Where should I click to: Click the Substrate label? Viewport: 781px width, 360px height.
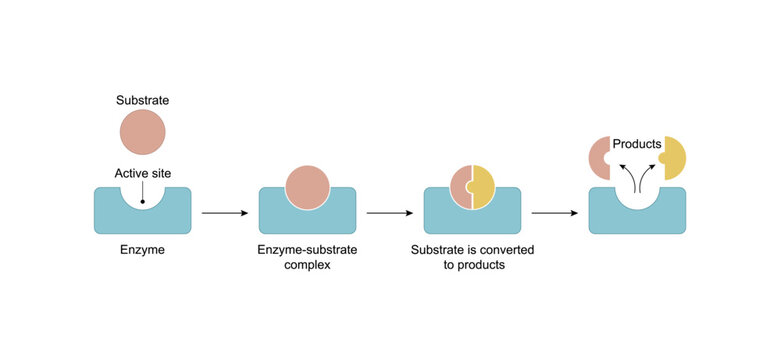(x=142, y=100)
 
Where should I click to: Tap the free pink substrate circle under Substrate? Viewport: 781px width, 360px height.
(x=142, y=133)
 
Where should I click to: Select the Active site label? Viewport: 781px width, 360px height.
(x=142, y=174)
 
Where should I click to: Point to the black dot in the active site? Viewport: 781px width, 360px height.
(x=142, y=203)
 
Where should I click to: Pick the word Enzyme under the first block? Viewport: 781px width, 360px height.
(x=142, y=250)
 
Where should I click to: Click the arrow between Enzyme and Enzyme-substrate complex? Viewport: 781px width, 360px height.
(x=224, y=213)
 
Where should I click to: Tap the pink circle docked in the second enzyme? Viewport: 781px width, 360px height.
(x=307, y=187)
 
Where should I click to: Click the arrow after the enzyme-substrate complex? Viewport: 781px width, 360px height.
(x=389, y=213)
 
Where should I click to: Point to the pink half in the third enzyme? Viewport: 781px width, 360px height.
(x=460, y=187)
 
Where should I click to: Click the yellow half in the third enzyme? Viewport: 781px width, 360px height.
(x=484, y=187)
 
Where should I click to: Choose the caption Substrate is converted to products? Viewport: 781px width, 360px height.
(x=473, y=259)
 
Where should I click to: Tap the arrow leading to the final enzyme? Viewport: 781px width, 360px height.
(x=554, y=213)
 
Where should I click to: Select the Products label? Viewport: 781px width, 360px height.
(x=637, y=144)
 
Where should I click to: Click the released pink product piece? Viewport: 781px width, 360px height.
(x=598, y=158)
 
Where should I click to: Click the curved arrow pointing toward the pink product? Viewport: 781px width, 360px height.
(x=627, y=180)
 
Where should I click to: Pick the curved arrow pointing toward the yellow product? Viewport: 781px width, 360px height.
(x=647, y=180)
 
